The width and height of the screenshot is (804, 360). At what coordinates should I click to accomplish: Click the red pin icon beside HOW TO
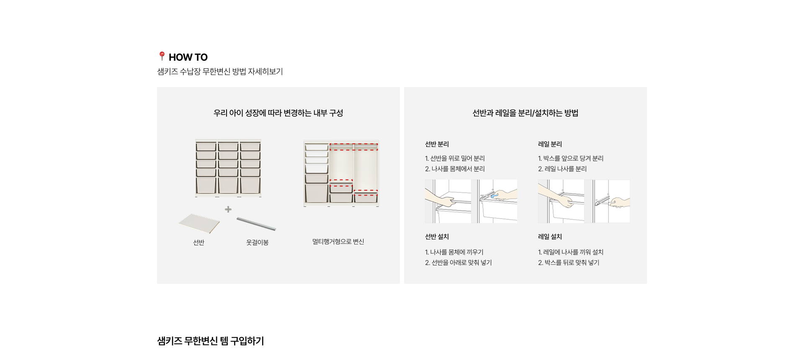[162, 56]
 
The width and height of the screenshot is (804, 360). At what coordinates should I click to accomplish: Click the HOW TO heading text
[188, 57]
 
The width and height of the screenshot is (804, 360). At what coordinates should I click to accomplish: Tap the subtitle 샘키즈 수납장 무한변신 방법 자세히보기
[220, 72]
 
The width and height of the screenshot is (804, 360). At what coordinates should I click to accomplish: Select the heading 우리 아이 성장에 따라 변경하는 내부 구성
[278, 113]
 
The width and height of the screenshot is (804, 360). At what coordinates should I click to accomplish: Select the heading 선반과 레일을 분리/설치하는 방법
[525, 113]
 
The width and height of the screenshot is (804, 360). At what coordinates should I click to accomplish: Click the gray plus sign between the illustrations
[228, 209]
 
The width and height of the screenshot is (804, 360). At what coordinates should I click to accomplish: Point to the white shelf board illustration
[199, 223]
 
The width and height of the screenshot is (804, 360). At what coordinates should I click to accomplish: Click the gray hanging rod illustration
[256, 224]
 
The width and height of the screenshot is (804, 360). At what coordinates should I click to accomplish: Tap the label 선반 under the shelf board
[198, 242]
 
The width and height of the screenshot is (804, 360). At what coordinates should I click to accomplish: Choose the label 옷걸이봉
[257, 242]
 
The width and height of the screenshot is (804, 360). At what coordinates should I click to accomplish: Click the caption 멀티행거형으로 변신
[338, 242]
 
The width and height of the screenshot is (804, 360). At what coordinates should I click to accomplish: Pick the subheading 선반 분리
[437, 144]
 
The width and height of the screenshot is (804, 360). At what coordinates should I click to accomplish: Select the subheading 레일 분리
[550, 144]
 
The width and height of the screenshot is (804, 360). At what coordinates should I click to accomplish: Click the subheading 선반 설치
[437, 237]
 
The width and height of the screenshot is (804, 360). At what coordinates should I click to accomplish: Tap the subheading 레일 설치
[550, 237]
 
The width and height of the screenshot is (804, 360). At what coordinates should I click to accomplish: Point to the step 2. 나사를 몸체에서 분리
[455, 169]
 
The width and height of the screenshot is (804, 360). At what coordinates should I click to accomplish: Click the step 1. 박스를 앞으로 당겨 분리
[571, 158]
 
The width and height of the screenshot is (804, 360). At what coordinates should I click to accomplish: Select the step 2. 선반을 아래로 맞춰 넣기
[459, 262]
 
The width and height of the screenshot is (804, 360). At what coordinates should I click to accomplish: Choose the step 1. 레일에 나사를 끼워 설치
[571, 252]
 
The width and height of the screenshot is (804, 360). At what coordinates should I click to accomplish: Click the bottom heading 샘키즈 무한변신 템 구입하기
[211, 341]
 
